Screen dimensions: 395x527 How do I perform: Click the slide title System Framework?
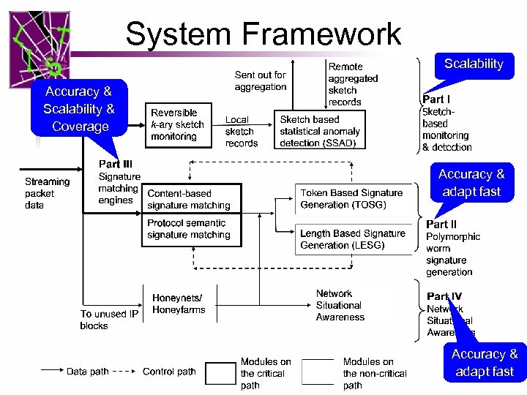263,34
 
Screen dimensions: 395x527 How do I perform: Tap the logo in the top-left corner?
40,45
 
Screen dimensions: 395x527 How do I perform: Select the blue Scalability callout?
474,64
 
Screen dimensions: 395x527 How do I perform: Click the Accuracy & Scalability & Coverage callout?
79,109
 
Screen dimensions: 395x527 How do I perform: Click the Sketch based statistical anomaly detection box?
319,130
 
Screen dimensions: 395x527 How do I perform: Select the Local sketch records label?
241,131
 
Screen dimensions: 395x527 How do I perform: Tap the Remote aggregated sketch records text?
352,84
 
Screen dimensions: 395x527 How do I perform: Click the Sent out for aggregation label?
260,80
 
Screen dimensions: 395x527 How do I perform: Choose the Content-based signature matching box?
189,200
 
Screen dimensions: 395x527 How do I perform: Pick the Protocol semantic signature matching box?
189,229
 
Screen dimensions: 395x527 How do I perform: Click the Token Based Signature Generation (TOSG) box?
351,198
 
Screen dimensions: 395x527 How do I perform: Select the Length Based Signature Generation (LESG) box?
352,239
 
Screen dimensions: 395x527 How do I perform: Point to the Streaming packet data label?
47,193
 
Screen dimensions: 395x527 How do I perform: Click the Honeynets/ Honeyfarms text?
179,304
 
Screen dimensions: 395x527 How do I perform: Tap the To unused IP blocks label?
109,320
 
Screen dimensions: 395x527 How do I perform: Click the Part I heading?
436,99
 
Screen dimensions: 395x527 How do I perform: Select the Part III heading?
115,164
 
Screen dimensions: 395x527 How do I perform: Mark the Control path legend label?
169,372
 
